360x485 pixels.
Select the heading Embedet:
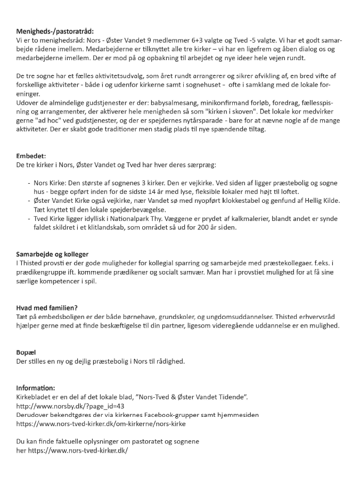tap(31, 156)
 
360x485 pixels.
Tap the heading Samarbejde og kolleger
tap(52, 254)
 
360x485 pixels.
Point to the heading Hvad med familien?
tap(47, 308)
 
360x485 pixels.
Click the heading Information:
tap(36, 388)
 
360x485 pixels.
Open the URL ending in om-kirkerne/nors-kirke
tap(101, 424)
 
